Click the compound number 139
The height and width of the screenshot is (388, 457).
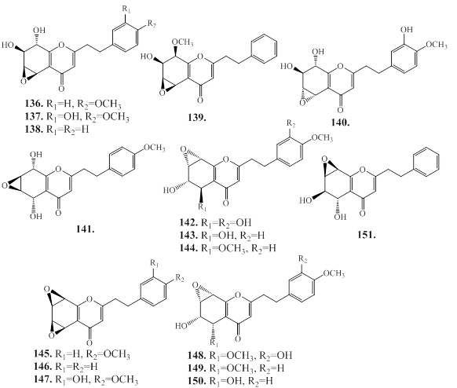(197, 118)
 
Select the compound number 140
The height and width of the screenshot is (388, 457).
(340, 123)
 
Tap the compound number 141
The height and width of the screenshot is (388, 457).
(86, 229)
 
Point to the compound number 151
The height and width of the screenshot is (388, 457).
(367, 234)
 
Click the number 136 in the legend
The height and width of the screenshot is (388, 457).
(34, 104)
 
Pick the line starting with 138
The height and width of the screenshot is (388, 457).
(57, 129)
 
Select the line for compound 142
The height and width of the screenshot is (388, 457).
(215, 223)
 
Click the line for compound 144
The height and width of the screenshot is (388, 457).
(228, 248)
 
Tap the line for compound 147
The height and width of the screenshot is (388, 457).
(86, 380)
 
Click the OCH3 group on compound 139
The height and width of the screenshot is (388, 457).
(182, 42)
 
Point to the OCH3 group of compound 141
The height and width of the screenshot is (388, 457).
(154, 148)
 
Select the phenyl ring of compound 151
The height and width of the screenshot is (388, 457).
(427, 162)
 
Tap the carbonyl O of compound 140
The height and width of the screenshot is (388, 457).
(340, 110)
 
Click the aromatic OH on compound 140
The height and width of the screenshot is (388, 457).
(408, 29)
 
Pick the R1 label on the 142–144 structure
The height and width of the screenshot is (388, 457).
(201, 207)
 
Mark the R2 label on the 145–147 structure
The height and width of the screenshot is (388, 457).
(180, 278)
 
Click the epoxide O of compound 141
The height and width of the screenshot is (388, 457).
(5, 185)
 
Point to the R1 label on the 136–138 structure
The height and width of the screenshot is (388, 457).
(126, 9)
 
